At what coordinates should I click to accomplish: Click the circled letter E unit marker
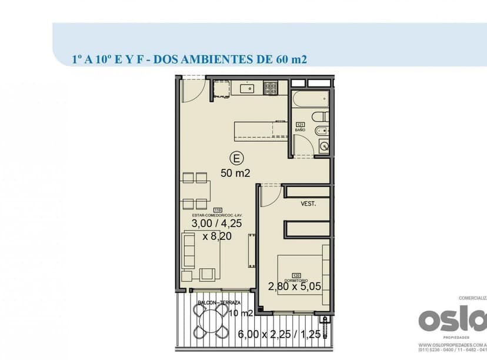pyautogui.click(x=236, y=158)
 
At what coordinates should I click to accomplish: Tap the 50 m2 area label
pyautogui.click(x=236, y=173)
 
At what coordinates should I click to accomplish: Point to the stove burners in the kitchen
pyautogui.click(x=271, y=89)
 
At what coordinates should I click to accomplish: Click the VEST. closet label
pyautogui.click(x=308, y=204)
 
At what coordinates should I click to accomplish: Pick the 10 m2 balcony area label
pyautogui.click(x=241, y=312)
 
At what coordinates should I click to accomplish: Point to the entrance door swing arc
pyautogui.click(x=192, y=89)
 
